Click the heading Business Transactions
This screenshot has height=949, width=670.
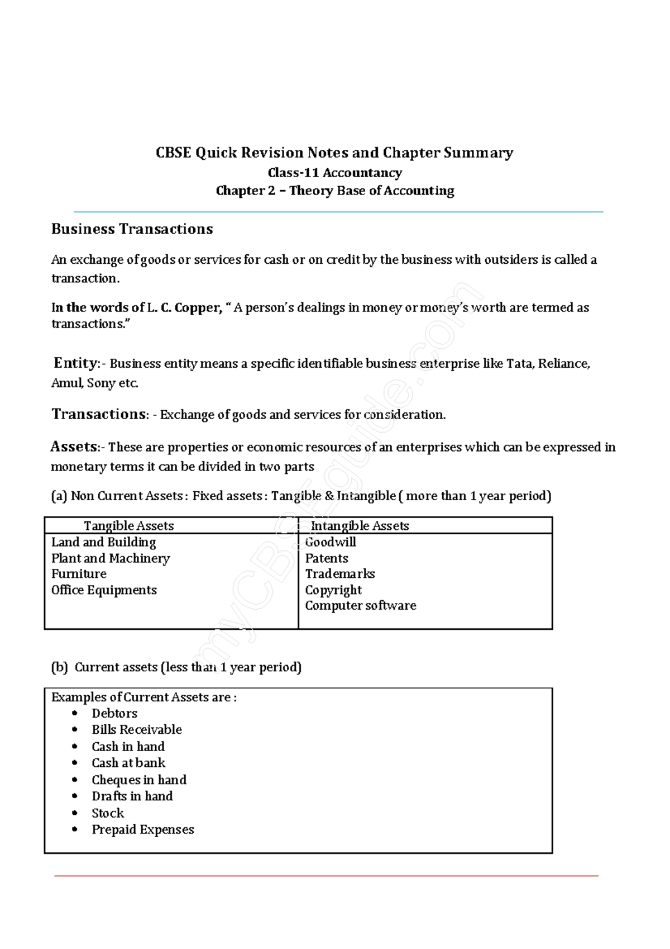[132, 229]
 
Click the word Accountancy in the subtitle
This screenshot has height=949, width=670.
[362, 173]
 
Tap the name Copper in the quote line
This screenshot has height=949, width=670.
[198, 307]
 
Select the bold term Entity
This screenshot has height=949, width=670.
[75, 363]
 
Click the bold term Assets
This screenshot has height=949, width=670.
[74, 447]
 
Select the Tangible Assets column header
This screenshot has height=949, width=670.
[129, 526]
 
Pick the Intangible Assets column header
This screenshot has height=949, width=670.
[360, 526]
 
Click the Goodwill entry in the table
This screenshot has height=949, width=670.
[330, 542]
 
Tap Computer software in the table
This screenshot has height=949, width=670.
[360, 606]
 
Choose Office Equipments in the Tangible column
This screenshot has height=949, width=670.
[104, 590]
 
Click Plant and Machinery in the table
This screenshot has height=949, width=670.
[111, 558]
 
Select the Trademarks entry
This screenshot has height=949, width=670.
[339, 574]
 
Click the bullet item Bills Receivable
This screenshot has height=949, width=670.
[137, 730]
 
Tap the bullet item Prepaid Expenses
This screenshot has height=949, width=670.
[143, 830]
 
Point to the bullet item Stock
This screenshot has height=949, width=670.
[108, 813]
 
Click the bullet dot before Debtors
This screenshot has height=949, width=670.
[75, 713]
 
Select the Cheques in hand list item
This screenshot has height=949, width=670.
[139, 780]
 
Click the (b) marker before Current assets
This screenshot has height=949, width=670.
[59, 667]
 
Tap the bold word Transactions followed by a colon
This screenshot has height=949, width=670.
[99, 414]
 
